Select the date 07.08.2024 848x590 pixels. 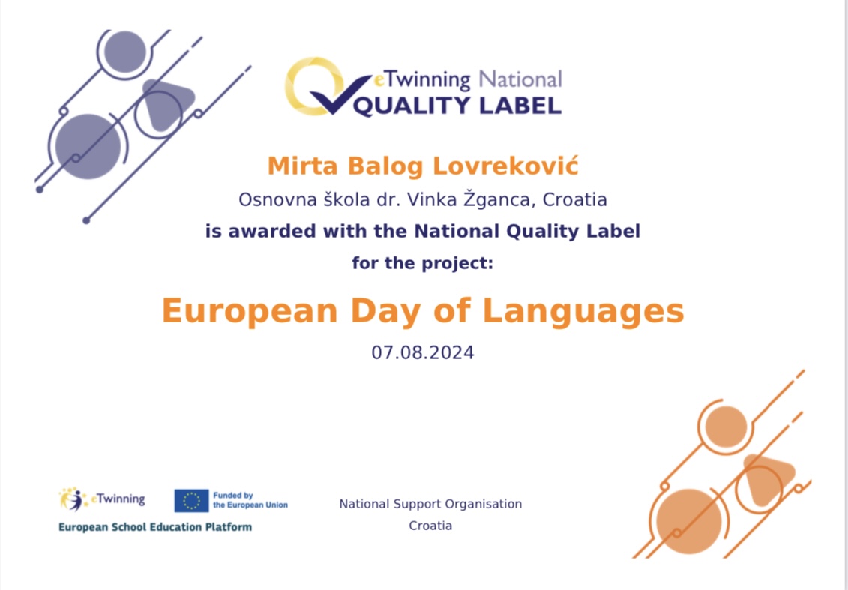[423, 353]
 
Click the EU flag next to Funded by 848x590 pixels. [191, 501]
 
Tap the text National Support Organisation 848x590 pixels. [430, 504]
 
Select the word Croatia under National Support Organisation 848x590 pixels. [430, 526]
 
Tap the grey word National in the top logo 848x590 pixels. [520, 79]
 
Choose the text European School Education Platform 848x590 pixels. [155, 527]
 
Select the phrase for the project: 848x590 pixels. [423, 264]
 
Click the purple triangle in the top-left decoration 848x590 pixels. [166, 103]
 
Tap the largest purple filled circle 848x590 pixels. [88, 146]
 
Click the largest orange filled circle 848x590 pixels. [688, 521]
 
